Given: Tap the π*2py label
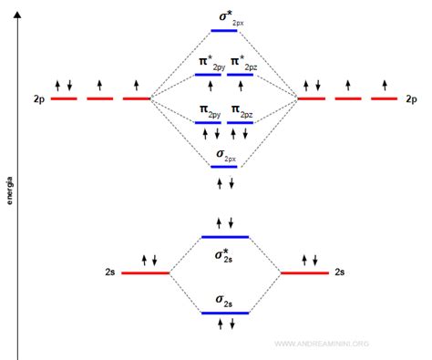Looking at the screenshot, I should (211, 62).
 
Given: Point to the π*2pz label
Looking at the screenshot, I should (243, 62).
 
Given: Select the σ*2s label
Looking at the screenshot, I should (224, 254).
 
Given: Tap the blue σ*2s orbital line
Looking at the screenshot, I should (224, 237).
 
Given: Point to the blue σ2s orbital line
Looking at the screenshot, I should (224, 314).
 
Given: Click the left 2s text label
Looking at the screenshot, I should (109, 273).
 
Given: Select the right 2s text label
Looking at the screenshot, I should (339, 273).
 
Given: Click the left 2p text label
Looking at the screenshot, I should (37, 98).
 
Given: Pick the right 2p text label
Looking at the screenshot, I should (411, 98).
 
